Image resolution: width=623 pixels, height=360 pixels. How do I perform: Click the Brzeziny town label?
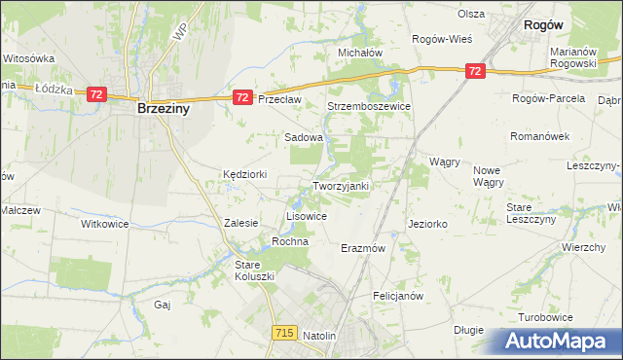point(164,110)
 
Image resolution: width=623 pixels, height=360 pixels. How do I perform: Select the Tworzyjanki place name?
point(341,186)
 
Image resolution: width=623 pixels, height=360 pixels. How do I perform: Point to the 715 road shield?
point(284,333)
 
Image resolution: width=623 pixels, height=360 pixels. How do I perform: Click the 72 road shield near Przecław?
point(243,97)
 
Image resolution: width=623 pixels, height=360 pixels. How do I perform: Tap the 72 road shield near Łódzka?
point(95,93)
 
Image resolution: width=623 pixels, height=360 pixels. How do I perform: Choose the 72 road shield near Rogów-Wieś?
point(474,71)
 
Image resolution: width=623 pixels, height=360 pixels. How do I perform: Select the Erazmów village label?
point(364,248)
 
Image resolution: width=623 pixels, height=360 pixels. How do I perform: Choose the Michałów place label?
point(360,53)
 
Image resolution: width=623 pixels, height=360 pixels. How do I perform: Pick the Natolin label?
point(319,336)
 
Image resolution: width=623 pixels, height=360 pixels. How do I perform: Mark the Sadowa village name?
point(303,138)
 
